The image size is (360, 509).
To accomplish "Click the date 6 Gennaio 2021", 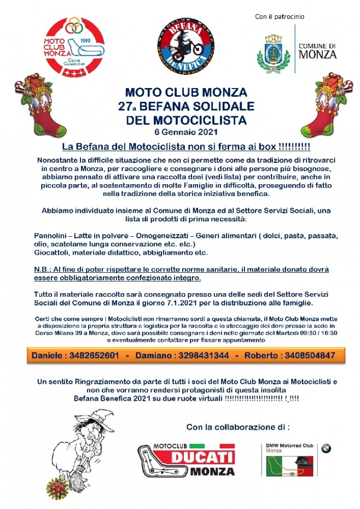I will click(x=186, y=133).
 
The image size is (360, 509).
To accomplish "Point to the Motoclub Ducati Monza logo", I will click(x=185, y=460).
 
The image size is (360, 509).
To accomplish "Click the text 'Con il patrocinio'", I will click(x=280, y=17).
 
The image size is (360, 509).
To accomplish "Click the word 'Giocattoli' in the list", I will click(x=53, y=253).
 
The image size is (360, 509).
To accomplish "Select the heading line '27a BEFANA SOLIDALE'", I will click(x=186, y=104).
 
